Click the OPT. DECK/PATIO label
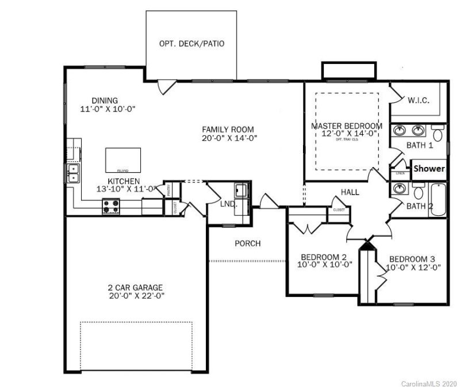click(x=192, y=44)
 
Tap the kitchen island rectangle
click(x=122, y=159)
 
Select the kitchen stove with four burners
click(x=110, y=206)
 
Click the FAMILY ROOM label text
click(x=228, y=129)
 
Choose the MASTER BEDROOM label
click(x=346, y=125)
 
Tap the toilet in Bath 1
click(x=437, y=135)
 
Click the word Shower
click(x=429, y=169)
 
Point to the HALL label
click(x=350, y=192)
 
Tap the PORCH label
click(x=247, y=244)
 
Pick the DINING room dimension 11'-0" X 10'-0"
click(x=108, y=108)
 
